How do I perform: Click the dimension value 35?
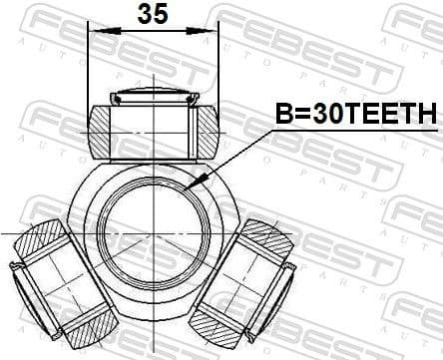tap(152, 14)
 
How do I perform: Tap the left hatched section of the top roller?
tap(99, 131)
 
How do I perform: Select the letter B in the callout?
tap(282, 115)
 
